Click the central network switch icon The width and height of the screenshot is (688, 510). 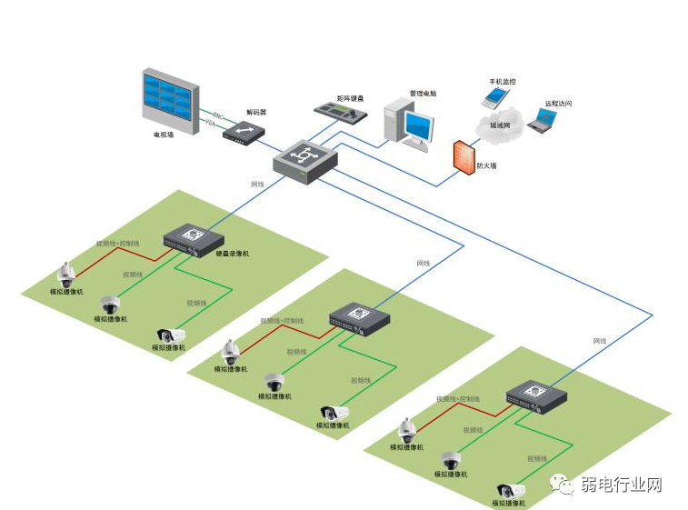point(305,160)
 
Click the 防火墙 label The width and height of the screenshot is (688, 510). point(487,165)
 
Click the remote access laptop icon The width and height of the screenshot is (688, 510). point(540,122)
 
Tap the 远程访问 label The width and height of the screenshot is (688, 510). point(558,104)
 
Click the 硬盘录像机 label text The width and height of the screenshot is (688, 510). point(232,254)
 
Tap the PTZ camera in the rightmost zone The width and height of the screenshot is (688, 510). point(407,430)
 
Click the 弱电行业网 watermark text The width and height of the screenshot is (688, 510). point(622,485)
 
